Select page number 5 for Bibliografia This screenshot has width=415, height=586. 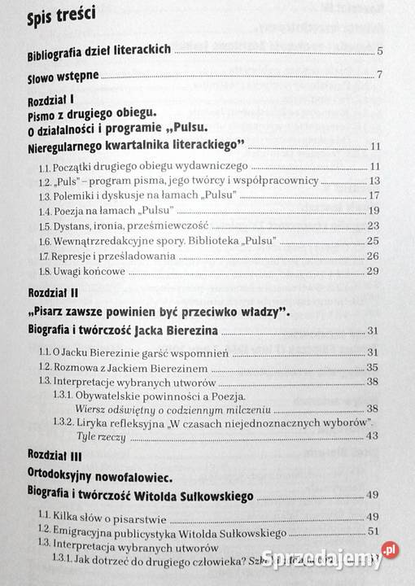[x=380, y=53]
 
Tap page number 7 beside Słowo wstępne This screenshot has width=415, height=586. [x=380, y=77]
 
